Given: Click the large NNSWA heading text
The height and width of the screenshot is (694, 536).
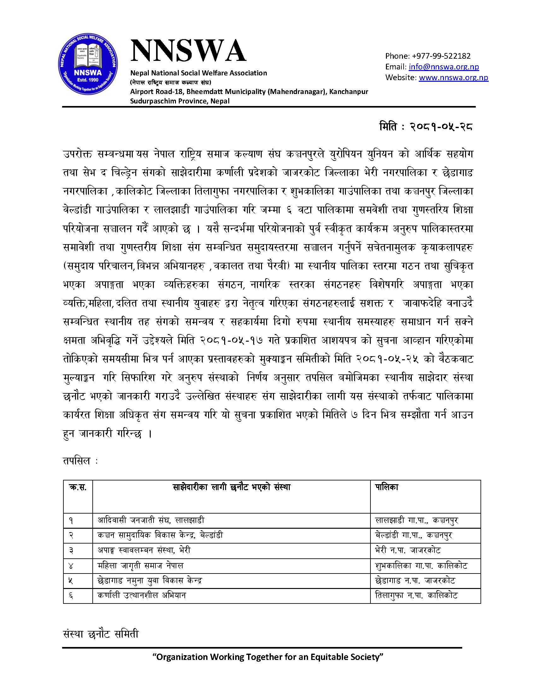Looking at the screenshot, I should [188, 51].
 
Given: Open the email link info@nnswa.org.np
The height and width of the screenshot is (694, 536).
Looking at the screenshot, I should [444, 67].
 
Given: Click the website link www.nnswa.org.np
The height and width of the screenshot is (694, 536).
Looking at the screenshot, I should [453, 78].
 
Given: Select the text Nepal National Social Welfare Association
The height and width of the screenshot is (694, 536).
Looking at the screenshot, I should [198, 73].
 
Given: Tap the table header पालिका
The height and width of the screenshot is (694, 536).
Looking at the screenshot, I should [387, 487].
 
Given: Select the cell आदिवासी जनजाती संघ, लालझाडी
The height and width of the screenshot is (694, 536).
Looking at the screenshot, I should [151, 520].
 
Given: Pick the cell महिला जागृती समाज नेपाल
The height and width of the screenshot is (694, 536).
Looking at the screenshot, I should [140, 566].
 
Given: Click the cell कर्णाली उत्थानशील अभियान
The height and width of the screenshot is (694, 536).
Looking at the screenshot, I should [142, 595].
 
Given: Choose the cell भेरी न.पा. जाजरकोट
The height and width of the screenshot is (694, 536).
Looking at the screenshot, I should [408, 550].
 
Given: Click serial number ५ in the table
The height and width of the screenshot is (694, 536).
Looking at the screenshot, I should [71, 581].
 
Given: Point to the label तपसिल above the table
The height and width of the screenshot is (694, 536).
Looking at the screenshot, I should [77, 461].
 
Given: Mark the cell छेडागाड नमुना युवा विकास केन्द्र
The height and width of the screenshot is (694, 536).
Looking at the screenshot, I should [150, 580].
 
